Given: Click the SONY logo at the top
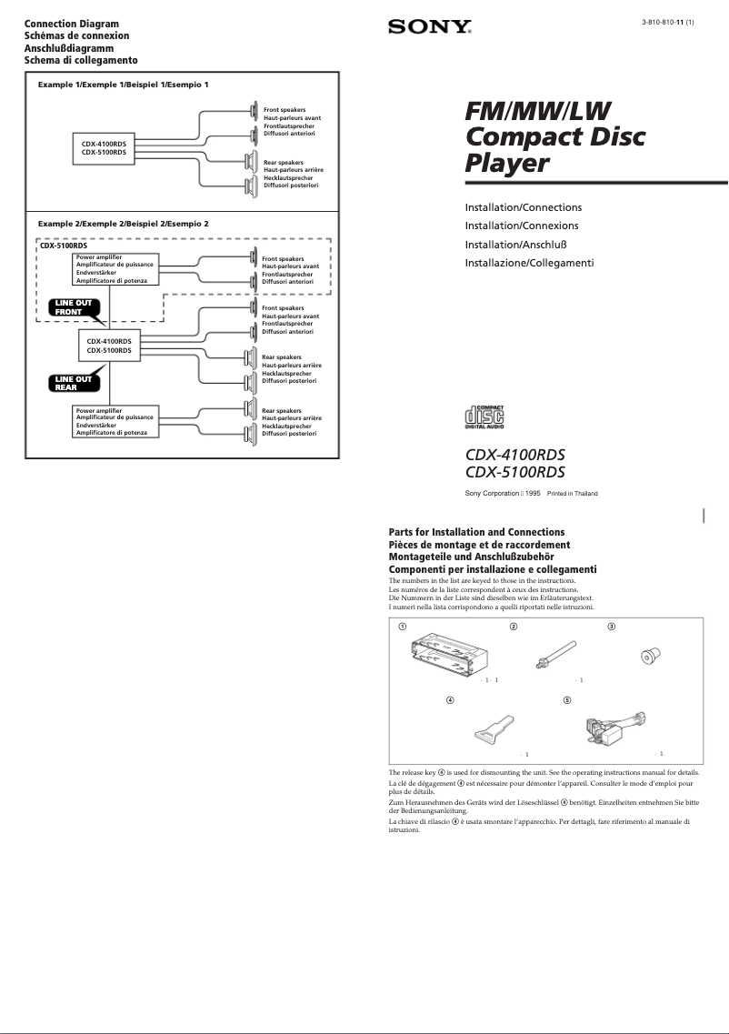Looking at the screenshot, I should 430,27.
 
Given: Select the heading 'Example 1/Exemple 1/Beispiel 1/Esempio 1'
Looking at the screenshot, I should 123,85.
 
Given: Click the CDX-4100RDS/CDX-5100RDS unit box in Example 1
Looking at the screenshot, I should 104,148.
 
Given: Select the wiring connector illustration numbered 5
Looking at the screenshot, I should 609,728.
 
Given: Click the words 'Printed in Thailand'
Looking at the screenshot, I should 572,494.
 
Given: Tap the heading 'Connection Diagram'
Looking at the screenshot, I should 71,24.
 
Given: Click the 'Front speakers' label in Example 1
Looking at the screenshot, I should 285,110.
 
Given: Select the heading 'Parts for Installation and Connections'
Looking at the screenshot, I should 476,532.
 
